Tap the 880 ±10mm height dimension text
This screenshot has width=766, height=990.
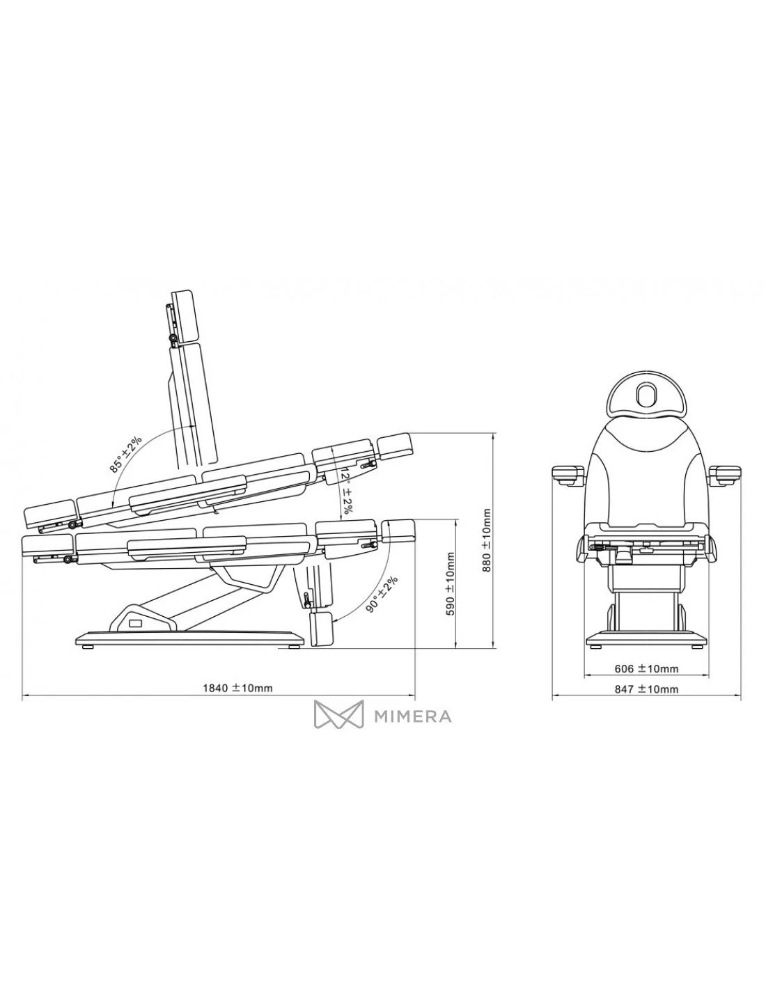coord(487,540)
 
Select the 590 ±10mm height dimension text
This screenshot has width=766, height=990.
coord(451,583)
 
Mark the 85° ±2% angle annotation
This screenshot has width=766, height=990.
coord(126,454)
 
